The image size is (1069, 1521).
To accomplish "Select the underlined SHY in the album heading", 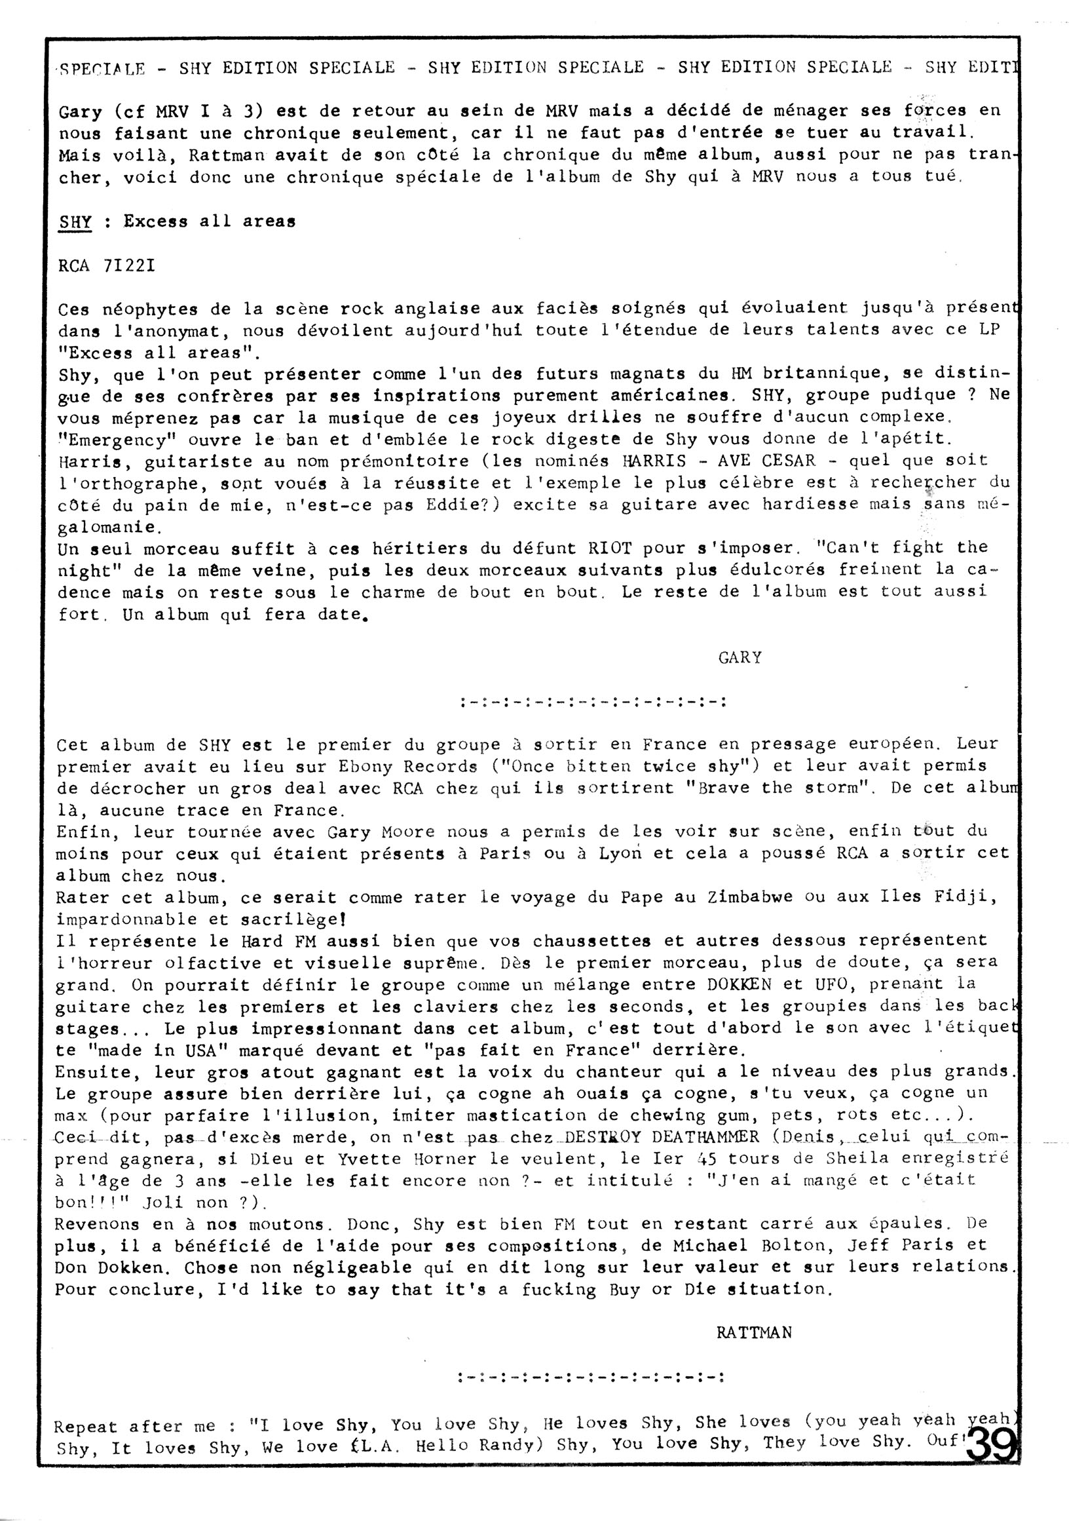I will pyautogui.click(x=75, y=222).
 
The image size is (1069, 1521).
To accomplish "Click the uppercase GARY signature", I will pyautogui.click(x=740, y=657).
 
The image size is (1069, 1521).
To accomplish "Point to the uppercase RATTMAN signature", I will pyautogui.click(x=754, y=1332).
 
